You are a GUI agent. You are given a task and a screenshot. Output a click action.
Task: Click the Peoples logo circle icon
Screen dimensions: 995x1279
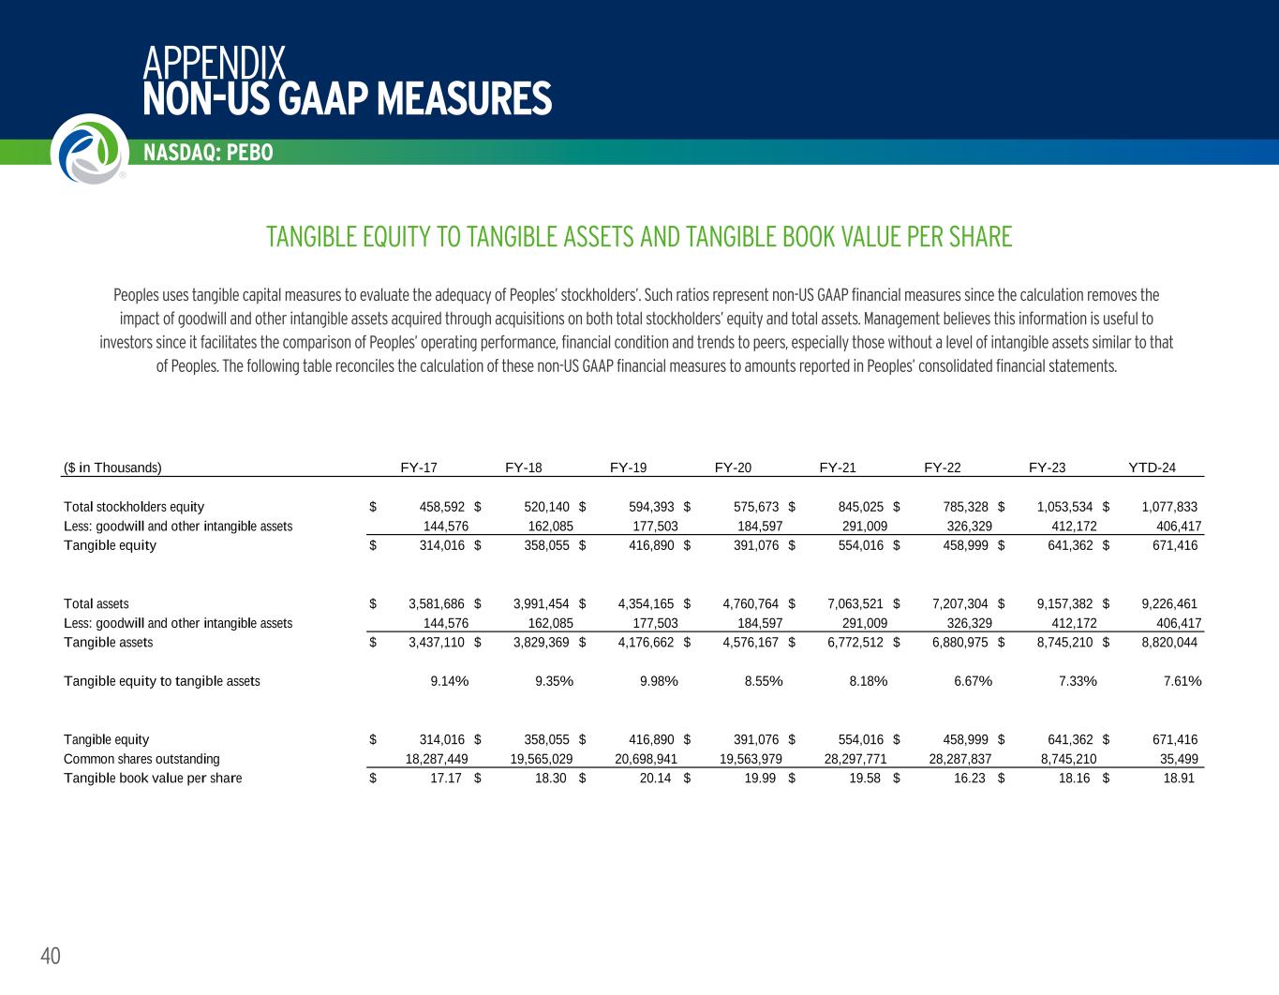89,149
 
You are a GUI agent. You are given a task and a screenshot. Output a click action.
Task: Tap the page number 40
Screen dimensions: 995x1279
51,956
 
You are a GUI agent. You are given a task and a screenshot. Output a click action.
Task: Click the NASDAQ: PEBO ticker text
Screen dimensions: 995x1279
208,153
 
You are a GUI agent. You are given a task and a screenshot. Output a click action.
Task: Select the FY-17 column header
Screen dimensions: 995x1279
419,468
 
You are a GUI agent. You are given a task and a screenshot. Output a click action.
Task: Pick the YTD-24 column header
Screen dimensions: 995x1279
1153,468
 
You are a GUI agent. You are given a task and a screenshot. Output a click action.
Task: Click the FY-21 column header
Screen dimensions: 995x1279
838,468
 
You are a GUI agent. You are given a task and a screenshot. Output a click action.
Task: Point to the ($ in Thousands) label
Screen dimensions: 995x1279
112,468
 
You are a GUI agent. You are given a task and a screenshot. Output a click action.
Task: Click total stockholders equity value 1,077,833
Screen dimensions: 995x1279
1169,507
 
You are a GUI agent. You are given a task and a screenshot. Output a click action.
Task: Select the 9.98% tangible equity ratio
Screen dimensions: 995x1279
659,681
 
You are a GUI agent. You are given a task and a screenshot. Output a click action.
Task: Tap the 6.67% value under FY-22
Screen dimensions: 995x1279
973,681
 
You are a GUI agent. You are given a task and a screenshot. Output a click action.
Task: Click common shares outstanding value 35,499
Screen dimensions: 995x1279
1181,759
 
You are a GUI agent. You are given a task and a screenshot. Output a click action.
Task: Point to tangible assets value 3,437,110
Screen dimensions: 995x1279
438,642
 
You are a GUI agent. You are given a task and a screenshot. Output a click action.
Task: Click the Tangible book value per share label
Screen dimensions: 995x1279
153,778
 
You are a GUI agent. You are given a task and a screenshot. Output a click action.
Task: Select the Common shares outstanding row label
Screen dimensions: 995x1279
141,759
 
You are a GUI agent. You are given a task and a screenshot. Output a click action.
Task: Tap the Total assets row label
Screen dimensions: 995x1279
97,603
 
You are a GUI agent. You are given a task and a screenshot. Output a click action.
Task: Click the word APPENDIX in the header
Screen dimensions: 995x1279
215,64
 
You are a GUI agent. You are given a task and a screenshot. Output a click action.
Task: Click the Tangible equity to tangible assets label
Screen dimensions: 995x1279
162,681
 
